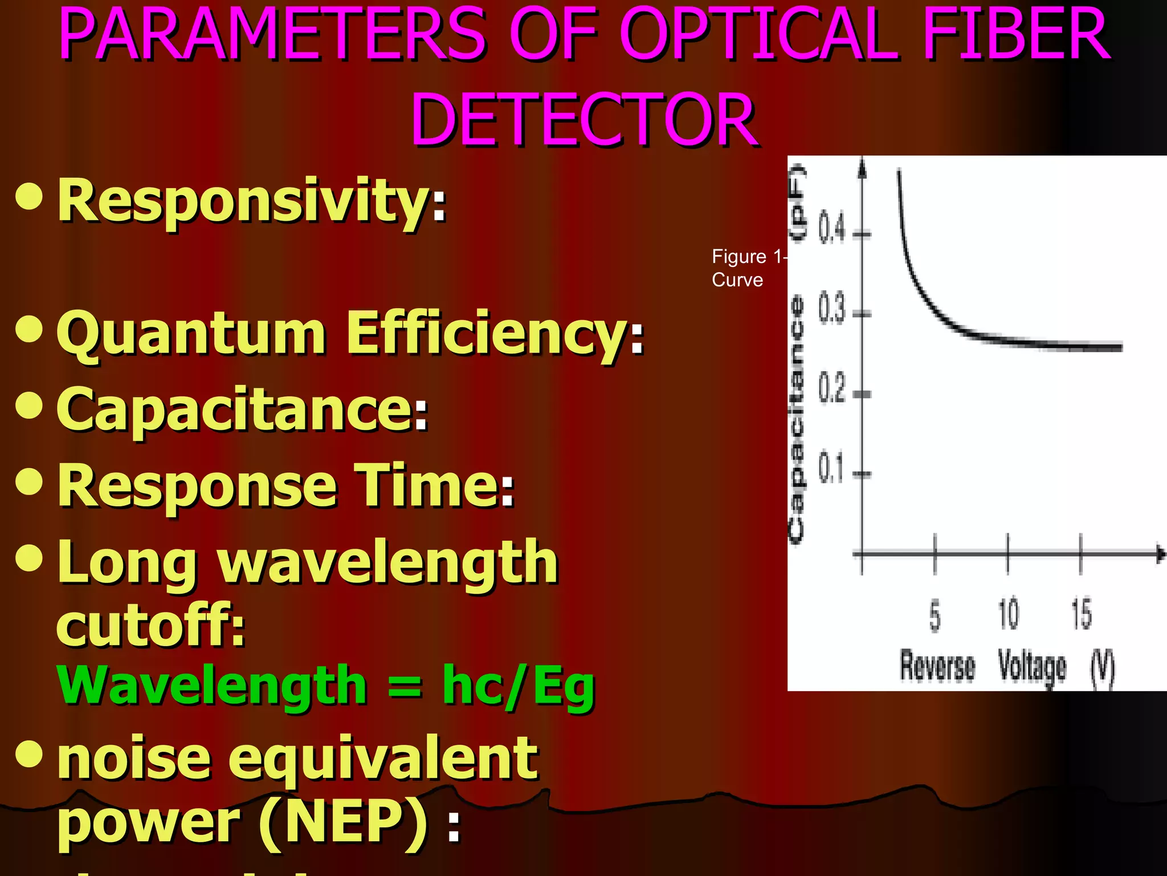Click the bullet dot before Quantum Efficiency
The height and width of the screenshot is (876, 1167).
click(x=30, y=330)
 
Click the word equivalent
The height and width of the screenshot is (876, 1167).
click(x=383, y=759)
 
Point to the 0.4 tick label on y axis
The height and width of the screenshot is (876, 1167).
click(x=832, y=229)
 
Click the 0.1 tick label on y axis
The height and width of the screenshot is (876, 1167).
click(x=831, y=469)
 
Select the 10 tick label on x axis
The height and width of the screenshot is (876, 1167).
click(x=1008, y=614)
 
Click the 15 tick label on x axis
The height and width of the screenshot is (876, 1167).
click(x=1081, y=614)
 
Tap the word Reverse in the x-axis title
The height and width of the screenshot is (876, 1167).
click(x=937, y=666)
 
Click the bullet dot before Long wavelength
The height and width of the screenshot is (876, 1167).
click(x=30, y=558)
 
